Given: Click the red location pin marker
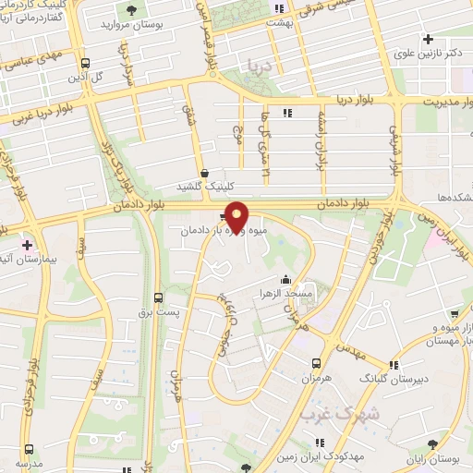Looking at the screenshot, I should (236, 215).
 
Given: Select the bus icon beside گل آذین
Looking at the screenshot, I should (85, 64).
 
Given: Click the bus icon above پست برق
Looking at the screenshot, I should (159, 298).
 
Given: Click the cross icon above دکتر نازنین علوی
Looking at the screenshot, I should (428, 39).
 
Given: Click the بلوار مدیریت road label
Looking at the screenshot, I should (440, 99).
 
